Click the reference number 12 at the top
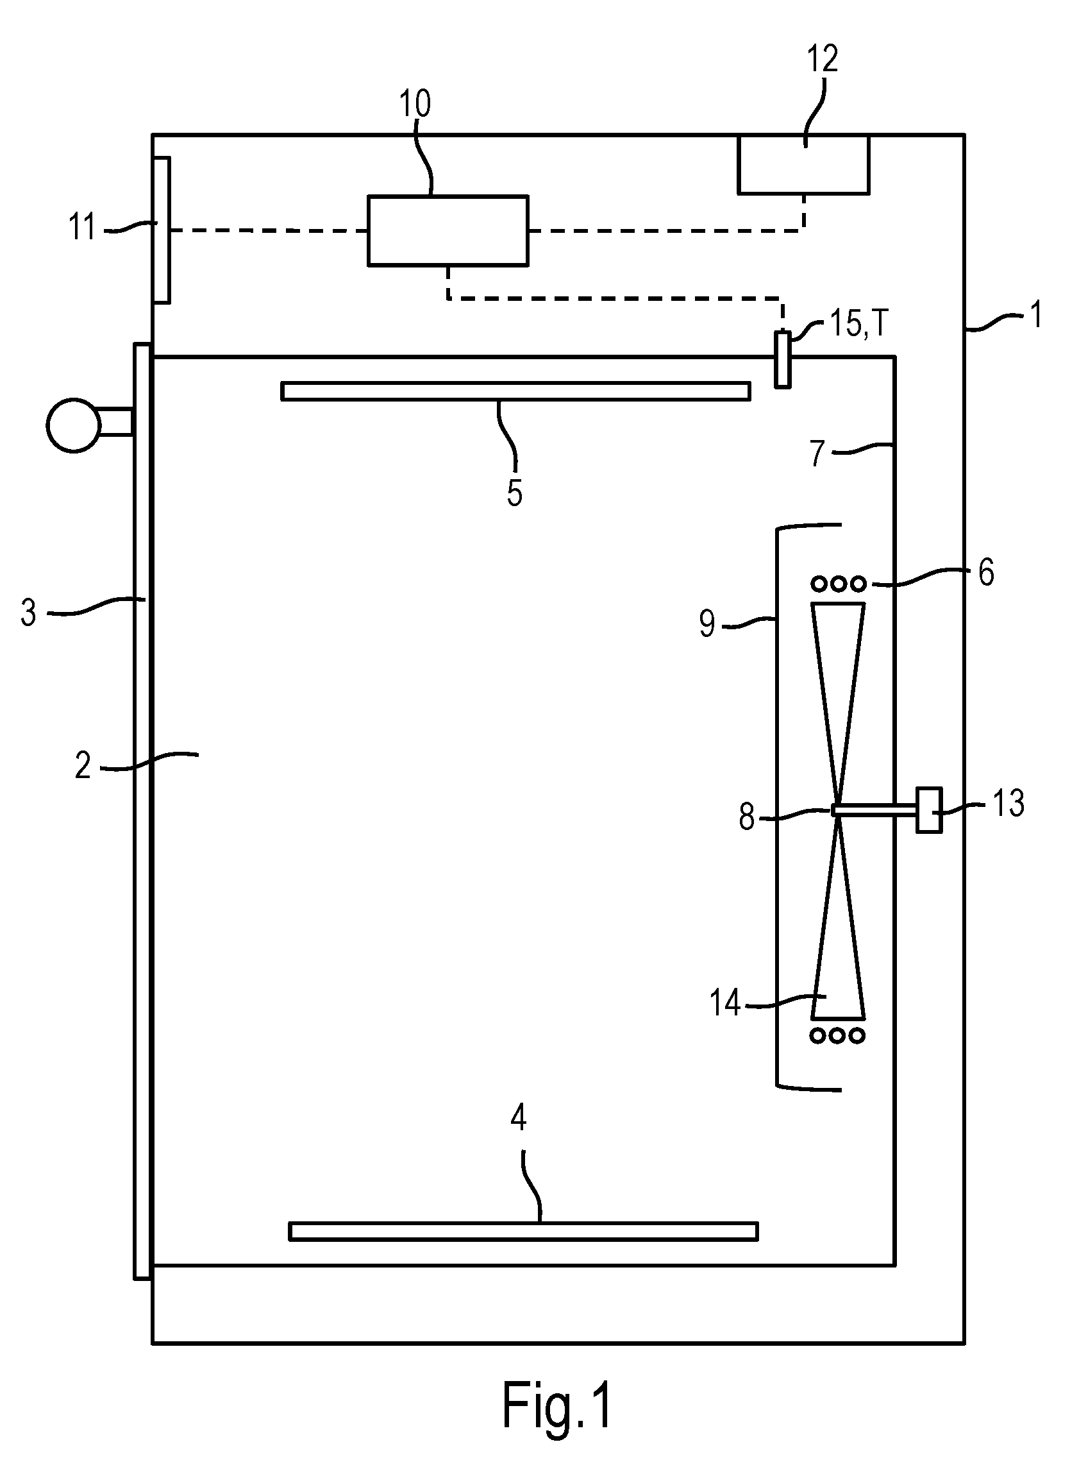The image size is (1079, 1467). [823, 60]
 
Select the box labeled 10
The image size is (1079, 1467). [447, 230]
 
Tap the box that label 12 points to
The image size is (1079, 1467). [803, 165]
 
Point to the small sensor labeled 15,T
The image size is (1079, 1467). [782, 360]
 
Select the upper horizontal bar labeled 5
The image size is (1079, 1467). [516, 391]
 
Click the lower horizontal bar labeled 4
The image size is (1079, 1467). [523, 1231]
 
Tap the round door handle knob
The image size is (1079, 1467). [74, 425]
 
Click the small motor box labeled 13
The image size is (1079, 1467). [929, 810]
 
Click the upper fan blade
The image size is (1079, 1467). [838, 706]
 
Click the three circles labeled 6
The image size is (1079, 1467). [839, 583]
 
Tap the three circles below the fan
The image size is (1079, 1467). [839, 1035]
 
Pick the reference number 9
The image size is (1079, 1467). [707, 624]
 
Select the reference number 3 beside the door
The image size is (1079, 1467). [28, 613]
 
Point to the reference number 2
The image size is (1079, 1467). [82, 766]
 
